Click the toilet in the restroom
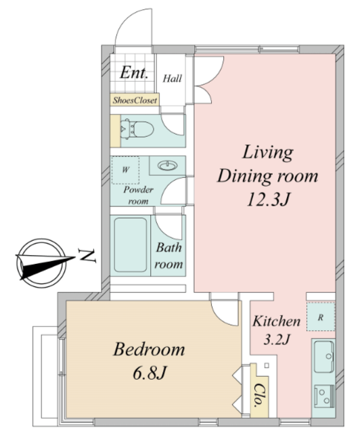(x=137, y=129)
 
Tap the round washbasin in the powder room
(x=167, y=165)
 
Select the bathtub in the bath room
(x=131, y=245)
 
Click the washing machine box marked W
(x=125, y=170)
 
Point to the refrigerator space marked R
(x=321, y=317)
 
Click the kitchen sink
(x=324, y=357)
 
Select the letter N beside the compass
(x=87, y=256)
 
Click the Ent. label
(x=134, y=72)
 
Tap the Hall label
(x=172, y=78)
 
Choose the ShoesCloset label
(x=135, y=100)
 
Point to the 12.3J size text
(x=268, y=200)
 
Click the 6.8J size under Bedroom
(x=150, y=373)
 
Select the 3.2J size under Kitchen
(x=276, y=340)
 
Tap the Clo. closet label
(x=259, y=395)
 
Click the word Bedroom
(x=149, y=349)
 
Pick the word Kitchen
(x=276, y=321)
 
